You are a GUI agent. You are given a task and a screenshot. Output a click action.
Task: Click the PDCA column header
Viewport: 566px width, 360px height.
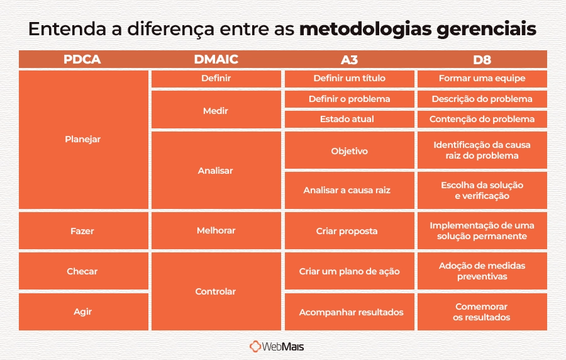82,60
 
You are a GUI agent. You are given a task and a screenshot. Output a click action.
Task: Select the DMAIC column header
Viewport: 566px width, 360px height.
216,60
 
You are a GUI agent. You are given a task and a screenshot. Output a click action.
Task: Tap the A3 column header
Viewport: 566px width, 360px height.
349,60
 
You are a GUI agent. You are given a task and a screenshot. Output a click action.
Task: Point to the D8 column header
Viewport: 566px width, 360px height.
482,60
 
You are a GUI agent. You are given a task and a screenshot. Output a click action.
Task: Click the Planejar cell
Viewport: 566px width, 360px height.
82,139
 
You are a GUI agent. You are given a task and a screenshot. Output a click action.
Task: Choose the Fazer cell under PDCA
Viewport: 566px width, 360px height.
82,231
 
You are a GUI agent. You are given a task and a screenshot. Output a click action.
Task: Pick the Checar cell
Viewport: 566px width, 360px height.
82,271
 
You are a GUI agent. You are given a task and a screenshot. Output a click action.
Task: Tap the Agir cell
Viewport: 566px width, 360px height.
82,312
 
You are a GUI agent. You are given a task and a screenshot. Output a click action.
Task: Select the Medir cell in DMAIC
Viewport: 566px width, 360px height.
216,111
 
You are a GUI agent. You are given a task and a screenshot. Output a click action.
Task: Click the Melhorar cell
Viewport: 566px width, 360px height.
216,230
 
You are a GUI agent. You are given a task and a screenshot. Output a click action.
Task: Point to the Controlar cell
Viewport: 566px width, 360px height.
216,291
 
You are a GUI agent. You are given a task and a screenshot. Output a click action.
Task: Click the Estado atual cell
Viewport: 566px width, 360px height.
349,119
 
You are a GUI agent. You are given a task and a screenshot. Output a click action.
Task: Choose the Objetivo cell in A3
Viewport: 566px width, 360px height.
349,151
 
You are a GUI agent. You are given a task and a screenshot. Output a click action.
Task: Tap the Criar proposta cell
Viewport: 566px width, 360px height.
349,231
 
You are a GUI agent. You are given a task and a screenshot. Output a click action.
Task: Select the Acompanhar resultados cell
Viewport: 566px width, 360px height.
349,312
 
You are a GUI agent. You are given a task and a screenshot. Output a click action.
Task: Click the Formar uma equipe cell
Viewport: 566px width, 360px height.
482,79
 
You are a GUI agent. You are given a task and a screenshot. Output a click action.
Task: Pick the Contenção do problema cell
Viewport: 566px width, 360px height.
482,119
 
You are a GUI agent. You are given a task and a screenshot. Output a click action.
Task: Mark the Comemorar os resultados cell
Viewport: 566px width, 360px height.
482,312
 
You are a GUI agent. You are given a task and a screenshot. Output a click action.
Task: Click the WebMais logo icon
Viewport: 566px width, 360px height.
255,346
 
